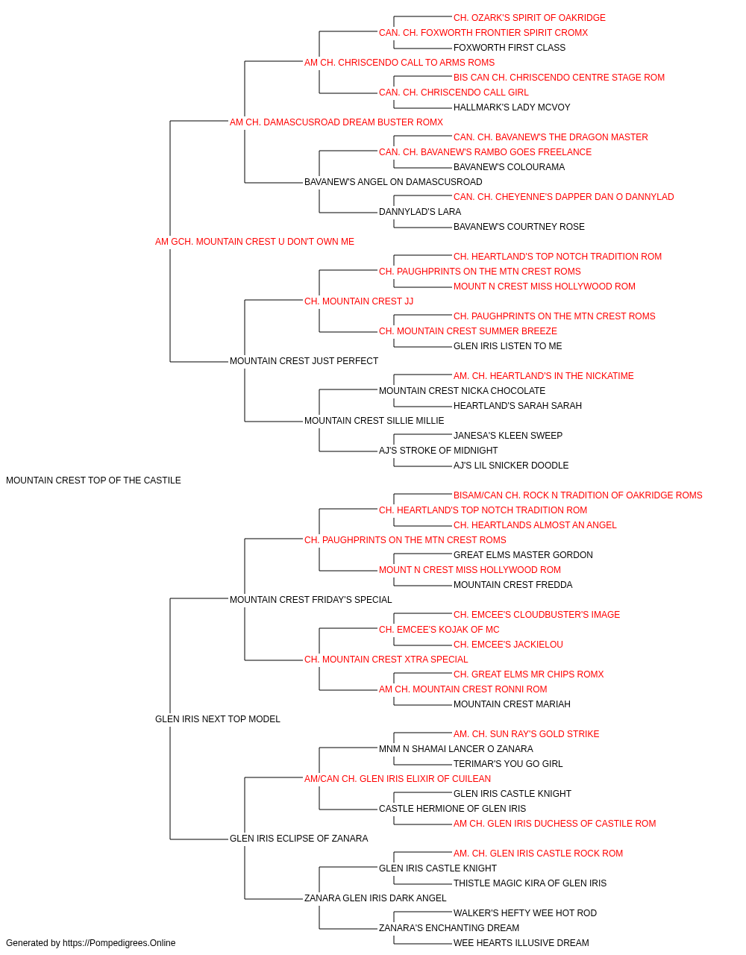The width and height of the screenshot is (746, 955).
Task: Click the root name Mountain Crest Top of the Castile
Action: click(93, 480)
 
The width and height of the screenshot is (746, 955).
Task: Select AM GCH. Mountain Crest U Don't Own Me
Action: click(254, 242)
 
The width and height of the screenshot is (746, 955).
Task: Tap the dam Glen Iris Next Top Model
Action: click(218, 719)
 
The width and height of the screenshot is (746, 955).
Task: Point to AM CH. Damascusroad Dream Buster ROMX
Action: click(336, 122)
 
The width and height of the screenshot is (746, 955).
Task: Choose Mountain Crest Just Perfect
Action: click(304, 361)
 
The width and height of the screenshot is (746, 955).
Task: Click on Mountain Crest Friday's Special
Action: click(310, 599)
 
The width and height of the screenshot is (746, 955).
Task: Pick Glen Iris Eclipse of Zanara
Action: click(298, 838)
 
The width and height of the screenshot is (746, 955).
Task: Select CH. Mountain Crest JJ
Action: click(359, 301)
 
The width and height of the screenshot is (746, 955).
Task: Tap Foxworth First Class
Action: click(510, 48)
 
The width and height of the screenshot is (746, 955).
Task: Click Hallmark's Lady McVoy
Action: click(512, 107)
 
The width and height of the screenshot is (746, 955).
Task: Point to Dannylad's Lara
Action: click(420, 212)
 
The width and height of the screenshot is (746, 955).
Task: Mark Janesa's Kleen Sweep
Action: click(508, 436)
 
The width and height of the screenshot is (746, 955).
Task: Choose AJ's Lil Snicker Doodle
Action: click(511, 466)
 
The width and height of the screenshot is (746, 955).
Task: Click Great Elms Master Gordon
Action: click(523, 554)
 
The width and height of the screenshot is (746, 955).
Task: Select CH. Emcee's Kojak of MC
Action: click(439, 630)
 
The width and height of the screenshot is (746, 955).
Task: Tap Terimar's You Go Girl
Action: click(508, 764)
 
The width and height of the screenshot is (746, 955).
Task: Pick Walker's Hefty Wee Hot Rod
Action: click(525, 912)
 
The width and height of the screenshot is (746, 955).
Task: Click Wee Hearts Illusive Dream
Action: click(521, 943)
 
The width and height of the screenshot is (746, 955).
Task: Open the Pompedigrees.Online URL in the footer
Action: click(119, 943)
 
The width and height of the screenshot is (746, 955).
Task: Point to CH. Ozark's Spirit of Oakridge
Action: click(530, 18)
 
